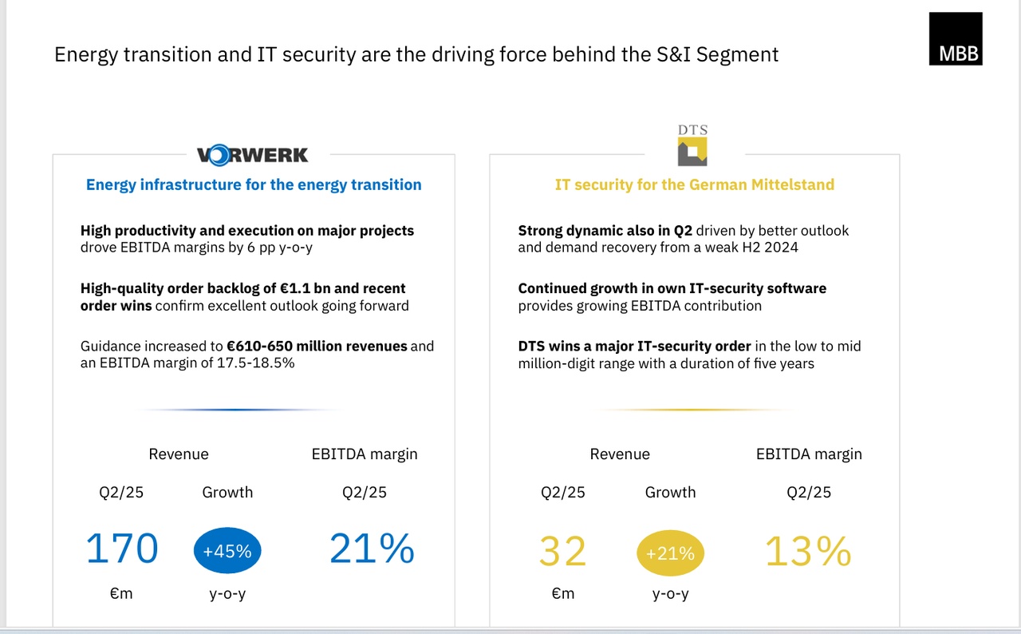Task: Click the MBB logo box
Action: coord(956,38)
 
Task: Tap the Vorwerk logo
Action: coord(252,154)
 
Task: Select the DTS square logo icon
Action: coord(692,152)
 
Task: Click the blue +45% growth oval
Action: coord(227,551)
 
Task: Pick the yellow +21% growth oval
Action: coord(670,553)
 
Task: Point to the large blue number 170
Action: coord(122,549)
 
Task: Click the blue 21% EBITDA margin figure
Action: coord(372,549)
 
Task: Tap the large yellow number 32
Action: coord(563,552)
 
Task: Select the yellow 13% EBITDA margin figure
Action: coord(808,552)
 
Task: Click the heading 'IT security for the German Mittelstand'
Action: coord(694,184)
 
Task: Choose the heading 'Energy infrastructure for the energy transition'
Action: coord(254,184)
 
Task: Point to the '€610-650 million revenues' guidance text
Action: coord(317,347)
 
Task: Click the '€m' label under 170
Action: coord(121,594)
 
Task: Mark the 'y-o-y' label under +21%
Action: coord(670,594)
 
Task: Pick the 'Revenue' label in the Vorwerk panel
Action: coord(179,454)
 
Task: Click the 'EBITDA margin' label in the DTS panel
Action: coord(809,454)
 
